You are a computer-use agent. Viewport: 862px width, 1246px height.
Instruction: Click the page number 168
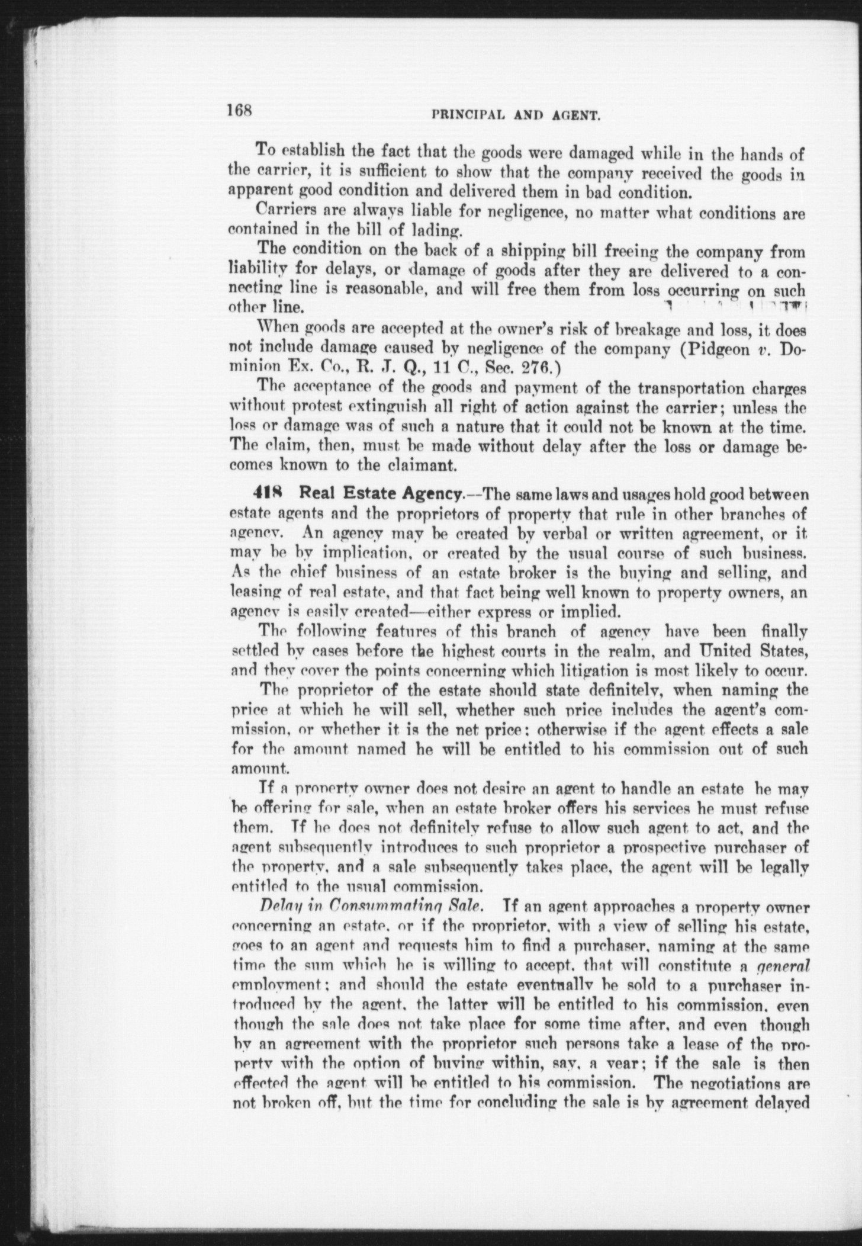[x=239, y=110]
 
